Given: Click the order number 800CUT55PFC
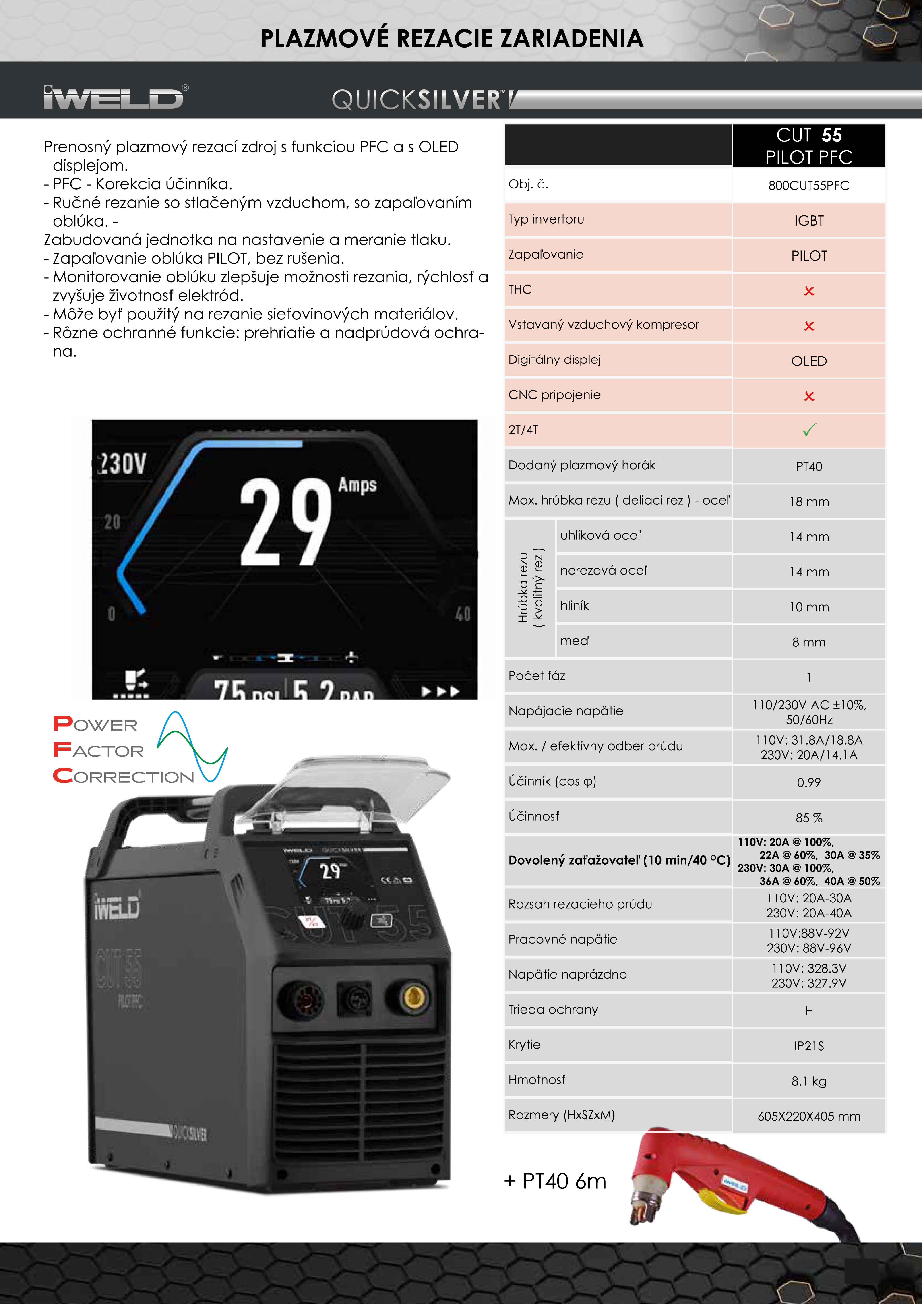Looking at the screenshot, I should (x=808, y=186).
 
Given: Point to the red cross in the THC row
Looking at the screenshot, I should (x=809, y=291).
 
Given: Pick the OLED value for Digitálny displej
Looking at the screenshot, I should (x=808, y=361).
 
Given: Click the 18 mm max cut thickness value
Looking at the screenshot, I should (x=808, y=501).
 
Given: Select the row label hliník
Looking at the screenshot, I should (x=575, y=606).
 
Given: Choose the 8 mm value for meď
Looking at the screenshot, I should (x=808, y=642).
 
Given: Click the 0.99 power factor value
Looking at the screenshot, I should (x=808, y=783).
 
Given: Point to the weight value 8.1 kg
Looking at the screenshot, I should (x=808, y=1081).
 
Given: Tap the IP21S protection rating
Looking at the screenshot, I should (x=808, y=1046).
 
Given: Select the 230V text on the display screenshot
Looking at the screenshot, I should (x=122, y=463).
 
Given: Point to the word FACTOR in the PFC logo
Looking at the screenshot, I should (x=98, y=751).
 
